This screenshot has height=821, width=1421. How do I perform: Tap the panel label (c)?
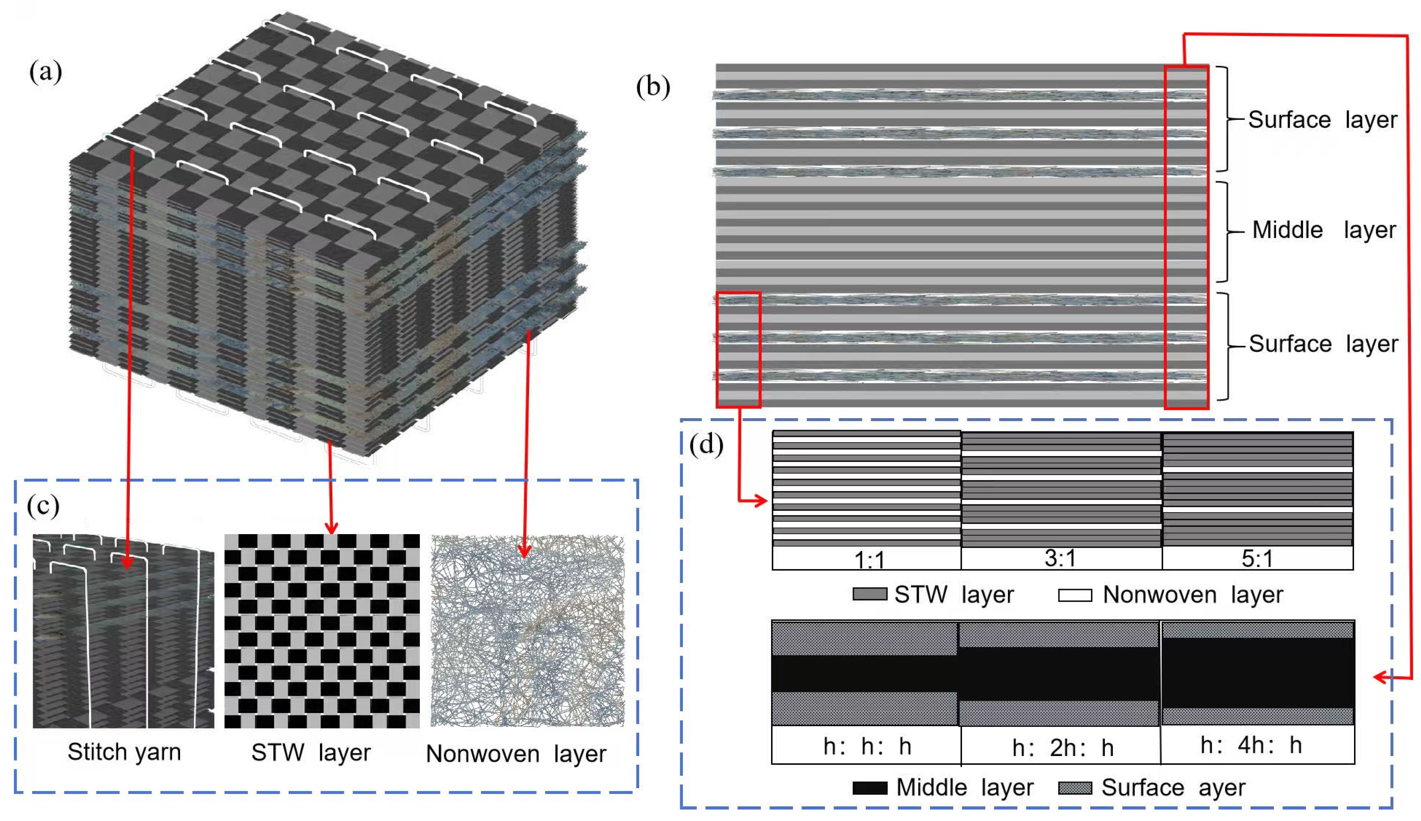[x=43, y=505]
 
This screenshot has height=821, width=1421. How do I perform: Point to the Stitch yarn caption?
[x=124, y=752]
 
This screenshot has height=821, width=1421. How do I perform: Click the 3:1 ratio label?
[x=1060, y=558]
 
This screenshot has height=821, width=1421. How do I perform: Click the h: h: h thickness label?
[x=866, y=746]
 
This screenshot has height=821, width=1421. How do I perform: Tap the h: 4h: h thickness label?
[x=1251, y=745]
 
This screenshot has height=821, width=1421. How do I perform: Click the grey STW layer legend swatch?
[x=869, y=594]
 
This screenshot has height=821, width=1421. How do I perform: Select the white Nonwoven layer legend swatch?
[x=1074, y=595]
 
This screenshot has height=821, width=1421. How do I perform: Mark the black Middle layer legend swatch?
[x=869, y=788]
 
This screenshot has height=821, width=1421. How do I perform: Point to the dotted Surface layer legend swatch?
[x=1074, y=788]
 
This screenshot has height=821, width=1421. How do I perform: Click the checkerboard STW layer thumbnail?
[x=322, y=631]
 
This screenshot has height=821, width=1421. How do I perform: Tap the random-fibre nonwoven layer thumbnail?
[x=527, y=631]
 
